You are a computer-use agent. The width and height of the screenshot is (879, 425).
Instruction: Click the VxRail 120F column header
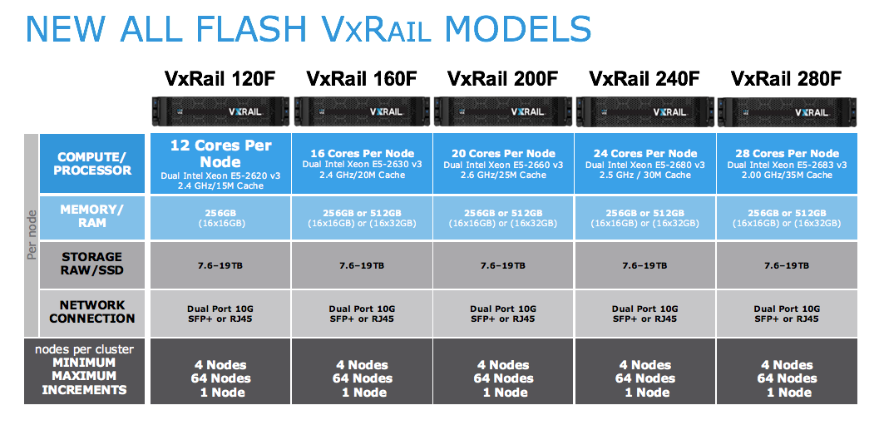(x=220, y=78)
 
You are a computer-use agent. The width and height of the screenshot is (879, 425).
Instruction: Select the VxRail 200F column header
(x=503, y=78)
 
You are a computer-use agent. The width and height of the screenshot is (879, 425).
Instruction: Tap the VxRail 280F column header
(x=787, y=78)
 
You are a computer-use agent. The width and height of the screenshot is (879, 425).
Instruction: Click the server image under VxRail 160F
(x=362, y=111)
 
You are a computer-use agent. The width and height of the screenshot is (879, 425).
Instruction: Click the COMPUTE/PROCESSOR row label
(x=92, y=163)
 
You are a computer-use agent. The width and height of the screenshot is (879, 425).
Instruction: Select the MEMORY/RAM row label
(x=92, y=216)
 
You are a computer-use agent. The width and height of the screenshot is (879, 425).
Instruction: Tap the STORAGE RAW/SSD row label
(x=92, y=264)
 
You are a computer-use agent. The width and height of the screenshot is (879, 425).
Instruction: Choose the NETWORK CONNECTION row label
(x=92, y=312)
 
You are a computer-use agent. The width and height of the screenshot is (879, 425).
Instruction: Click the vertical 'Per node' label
(x=32, y=235)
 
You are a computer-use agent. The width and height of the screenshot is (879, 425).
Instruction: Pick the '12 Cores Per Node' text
(x=221, y=154)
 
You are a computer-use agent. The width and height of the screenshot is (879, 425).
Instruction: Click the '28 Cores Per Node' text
(x=787, y=154)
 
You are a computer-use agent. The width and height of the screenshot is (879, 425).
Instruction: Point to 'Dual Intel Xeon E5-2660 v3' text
(x=503, y=165)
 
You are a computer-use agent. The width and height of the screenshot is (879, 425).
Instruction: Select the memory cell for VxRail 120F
(x=221, y=218)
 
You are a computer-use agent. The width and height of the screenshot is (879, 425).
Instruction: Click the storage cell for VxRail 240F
(x=644, y=265)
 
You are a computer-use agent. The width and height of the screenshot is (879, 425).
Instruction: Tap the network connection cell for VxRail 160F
(x=362, y=314)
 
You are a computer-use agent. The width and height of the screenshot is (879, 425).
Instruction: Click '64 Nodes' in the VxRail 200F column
(x=504, y=378)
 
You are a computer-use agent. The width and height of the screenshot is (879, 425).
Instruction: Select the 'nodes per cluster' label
(x=85, y=349)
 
